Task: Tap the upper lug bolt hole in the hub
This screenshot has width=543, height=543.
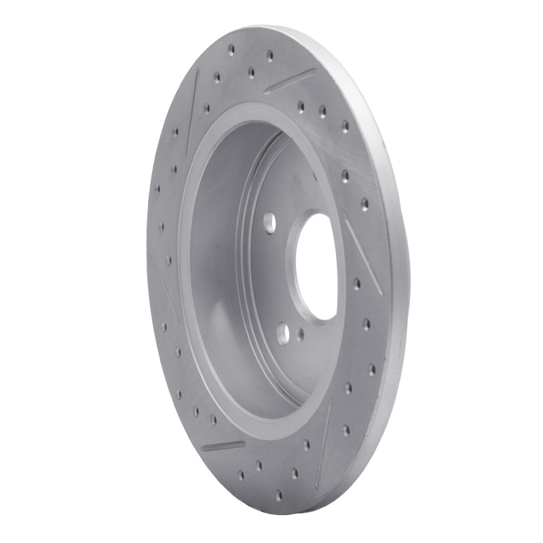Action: coord(270,221)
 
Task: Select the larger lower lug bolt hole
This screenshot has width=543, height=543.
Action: coord(283,332)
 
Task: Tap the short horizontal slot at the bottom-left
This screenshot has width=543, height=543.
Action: coord(223,445)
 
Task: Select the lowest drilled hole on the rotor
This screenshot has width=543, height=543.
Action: coord(278,495)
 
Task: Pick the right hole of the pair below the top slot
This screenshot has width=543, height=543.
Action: coord(322,111)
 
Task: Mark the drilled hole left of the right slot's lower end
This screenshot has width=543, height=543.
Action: coord(356,282)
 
